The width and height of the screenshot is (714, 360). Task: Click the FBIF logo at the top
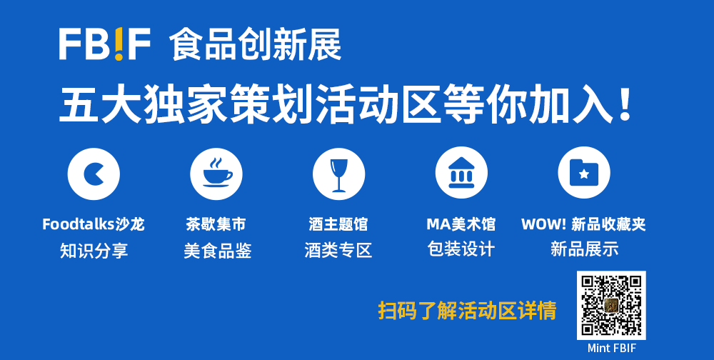tap(105, 44)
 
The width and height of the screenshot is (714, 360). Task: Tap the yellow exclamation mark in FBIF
tap(119, 44)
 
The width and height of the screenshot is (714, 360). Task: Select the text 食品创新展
tap(255, 45)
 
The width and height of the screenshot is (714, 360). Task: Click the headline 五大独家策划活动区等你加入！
tap(345, 105)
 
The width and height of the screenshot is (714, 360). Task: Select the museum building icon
tap(461, 173)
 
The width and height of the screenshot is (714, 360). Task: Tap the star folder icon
tap(584, 172)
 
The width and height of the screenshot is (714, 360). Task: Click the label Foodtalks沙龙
tap(94, 224)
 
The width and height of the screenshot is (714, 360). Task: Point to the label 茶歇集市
tap(216, 224)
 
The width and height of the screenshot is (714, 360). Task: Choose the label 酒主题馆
tap(338, 224)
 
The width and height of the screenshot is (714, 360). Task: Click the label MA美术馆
tap(461, 224)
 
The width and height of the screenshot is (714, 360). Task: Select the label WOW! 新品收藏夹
tap(584, 224)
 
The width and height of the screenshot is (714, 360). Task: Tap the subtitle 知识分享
tap(94, 251)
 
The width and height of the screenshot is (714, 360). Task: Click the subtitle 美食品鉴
tap(217, 251)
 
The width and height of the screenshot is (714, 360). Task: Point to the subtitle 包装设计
tap(461, 250)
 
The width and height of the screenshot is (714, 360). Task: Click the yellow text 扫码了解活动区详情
tap(467, 311)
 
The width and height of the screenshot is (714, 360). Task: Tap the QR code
tap(611, 305)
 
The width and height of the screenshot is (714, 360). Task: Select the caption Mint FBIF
tap(612, 349)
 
